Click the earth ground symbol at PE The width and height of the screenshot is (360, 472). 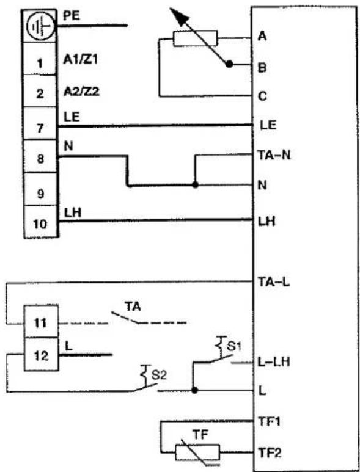coord(40,26)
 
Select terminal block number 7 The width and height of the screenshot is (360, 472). coord(40,123)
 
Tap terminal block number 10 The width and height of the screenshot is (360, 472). coord(41,222)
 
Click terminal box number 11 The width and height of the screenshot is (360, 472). coord(41,321)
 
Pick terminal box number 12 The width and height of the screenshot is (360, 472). coord(41,354)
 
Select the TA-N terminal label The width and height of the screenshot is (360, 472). coord(274,156)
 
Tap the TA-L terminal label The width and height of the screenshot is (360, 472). coord(274,282)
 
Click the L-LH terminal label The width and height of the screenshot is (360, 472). coord(274,363)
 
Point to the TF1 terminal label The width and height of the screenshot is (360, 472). coord(270,421)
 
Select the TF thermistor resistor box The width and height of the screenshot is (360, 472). coord(197,452)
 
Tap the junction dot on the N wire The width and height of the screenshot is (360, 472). coord(195,185)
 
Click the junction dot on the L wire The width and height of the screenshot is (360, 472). coord(194,390)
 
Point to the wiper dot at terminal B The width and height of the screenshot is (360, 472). coord(229,64)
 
